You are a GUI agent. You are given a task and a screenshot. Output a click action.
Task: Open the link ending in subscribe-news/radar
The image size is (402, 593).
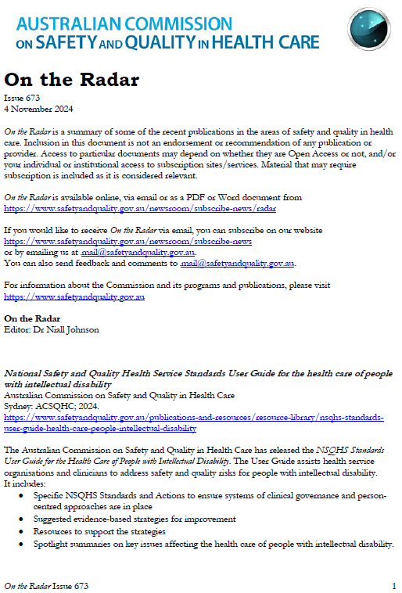tap(140, 209)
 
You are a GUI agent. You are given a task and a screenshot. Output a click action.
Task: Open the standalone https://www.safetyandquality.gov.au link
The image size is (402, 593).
tap(74, 297)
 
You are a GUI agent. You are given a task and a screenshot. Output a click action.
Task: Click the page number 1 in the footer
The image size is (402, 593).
tap(393, 585)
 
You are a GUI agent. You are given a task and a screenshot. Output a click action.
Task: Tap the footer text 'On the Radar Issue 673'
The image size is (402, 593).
tap(46, 585)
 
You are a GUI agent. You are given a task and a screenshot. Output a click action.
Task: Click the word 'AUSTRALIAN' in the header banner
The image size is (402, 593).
tap(70, 23)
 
